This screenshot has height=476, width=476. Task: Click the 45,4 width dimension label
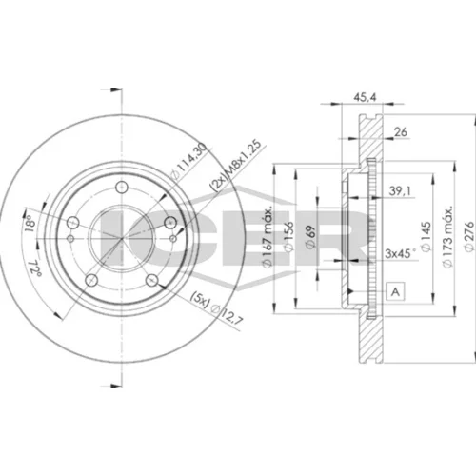[365, 97]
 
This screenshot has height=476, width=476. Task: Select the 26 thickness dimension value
[401, 131]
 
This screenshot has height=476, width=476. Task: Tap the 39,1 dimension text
[400, 191]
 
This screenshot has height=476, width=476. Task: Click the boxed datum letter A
[395, 291]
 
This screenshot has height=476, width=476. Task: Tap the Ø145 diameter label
[426, 236]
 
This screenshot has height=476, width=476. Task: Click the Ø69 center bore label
[310, 236]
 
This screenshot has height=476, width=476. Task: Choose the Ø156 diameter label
[288, 236]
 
